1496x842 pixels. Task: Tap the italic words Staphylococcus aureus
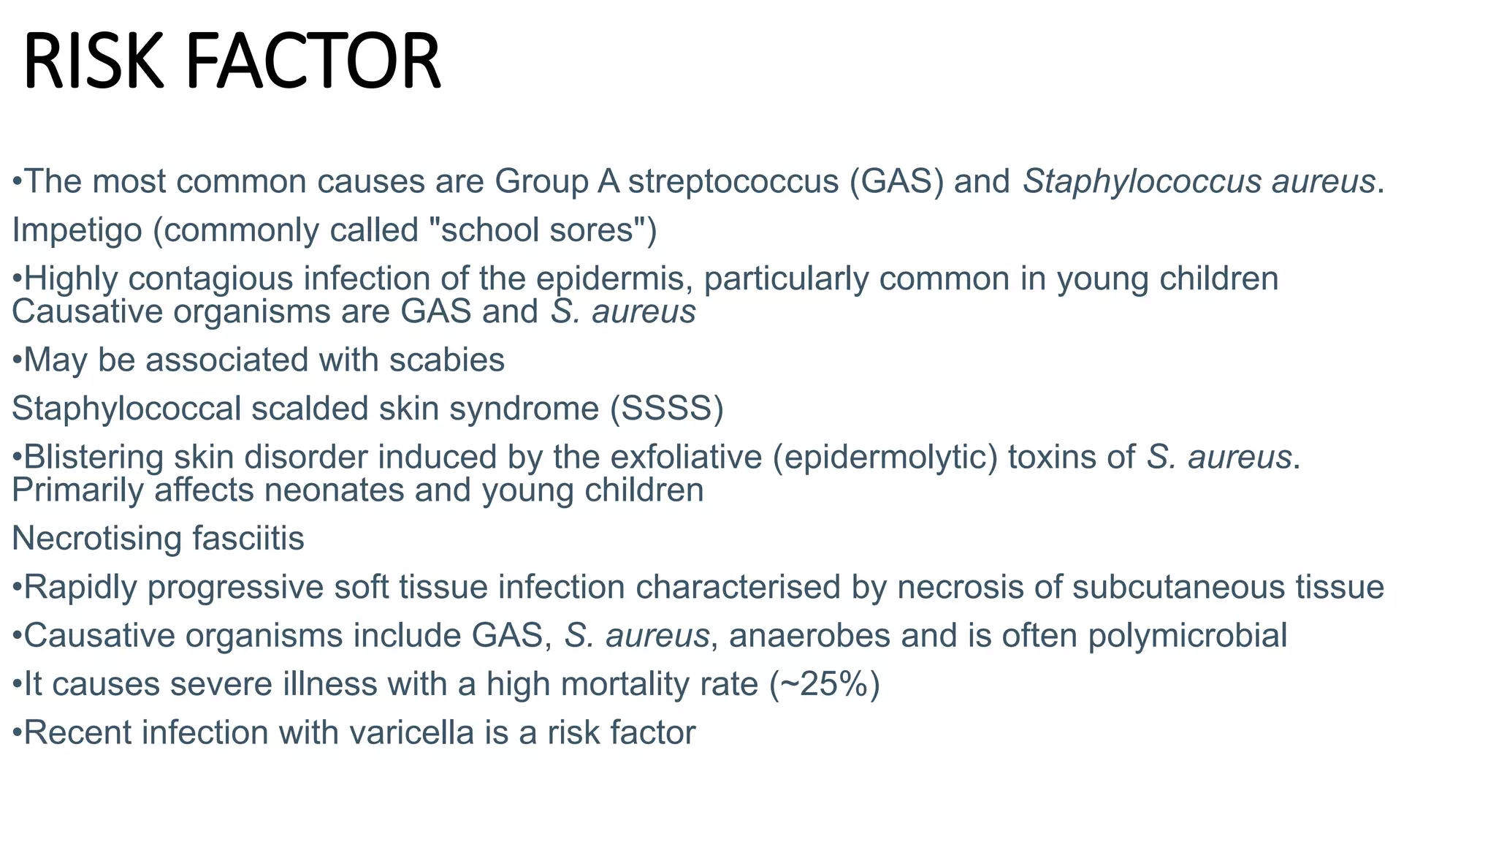tap(1199, 181)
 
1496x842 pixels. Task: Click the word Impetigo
tap(77, 230)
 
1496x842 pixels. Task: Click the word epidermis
tap(614, 279)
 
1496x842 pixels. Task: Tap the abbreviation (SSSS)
tap(667, 409)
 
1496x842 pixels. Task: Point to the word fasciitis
tap(248, 539)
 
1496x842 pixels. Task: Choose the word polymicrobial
tap(1188, 636)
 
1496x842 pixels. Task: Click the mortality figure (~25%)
tap(825, 685)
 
